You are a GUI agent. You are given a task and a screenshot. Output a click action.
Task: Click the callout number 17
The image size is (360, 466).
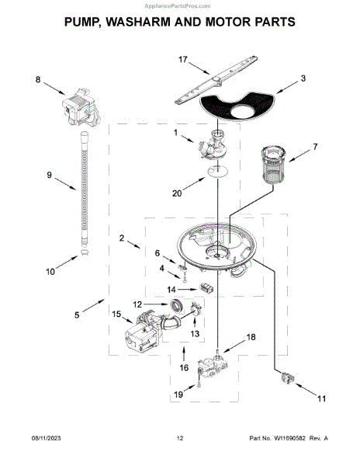click(x=182, y=60)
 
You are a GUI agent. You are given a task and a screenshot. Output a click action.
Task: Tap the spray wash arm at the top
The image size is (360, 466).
click(x=216, y=80)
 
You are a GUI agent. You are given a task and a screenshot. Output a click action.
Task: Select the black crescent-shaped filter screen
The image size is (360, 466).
click(x=238, y=106)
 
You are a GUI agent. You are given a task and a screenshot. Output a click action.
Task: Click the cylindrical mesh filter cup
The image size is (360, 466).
click(x=273, y=165)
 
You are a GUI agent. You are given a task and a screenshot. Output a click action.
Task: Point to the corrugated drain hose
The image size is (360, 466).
click(x=85, y=188)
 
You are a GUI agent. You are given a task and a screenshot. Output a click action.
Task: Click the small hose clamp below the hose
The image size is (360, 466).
click(x=85, y=252)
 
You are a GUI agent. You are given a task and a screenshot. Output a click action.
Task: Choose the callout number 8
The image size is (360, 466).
click(x=38, y=80)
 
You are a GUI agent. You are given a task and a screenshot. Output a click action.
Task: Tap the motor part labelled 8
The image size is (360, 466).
click(x=81, y=106)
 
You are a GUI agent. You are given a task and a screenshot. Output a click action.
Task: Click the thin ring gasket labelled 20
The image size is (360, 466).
click(x=218, y=172)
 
